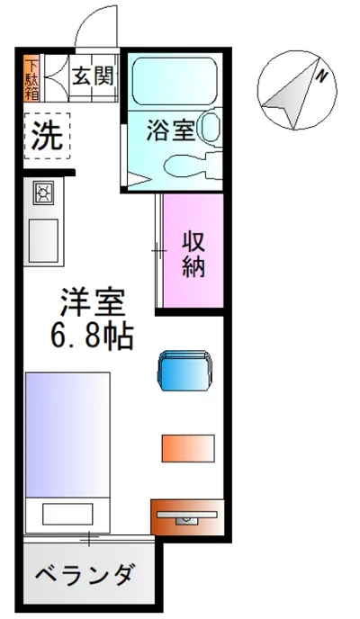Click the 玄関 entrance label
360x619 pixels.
[x=94, y=76]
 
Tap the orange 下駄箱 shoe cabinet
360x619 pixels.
[x=31, y=78]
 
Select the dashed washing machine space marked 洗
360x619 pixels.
[x=47, y=136]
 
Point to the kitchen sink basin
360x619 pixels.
[x=43, y=238]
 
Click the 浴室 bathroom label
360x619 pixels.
[x=171, y=130]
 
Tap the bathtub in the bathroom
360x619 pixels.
[x=175, y=82]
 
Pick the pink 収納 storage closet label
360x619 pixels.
[x=193, y=255]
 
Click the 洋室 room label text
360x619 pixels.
[x=93, y=303]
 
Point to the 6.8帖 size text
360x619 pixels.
[x=92, y=336]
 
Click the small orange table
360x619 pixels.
[x=188, y=448]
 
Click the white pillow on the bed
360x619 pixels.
[x=67, y=514]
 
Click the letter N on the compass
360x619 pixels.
[x=322, y=76]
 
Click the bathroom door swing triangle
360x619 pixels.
[x=139, y=182]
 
